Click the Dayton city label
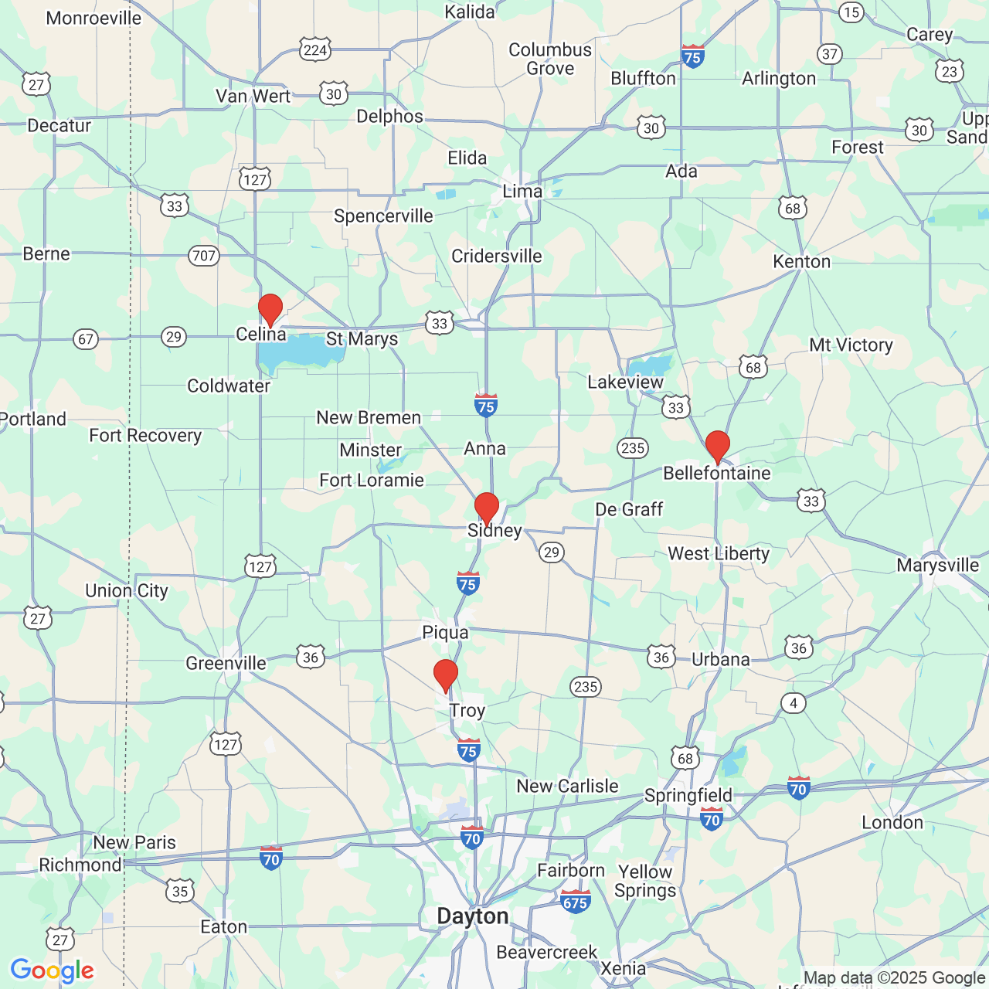(x=473, y=916)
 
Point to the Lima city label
(x=522, y=191)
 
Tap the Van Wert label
(x=253, y=97)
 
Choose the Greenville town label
(x=226, y=663)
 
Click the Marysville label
(x=937, y=565)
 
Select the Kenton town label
(x=801, y=262)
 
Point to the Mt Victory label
(x=851, y=345)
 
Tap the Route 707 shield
(x=204, y=256)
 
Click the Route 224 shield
(x=315, y=51)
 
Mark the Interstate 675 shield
(x=576, y=901)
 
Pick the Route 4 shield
(x=794, y=703)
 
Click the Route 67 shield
(x=86, y=339)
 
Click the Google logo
(x=52, y=970)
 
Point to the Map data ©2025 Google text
(x=895, y=978)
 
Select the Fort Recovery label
(x=145, y=436)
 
